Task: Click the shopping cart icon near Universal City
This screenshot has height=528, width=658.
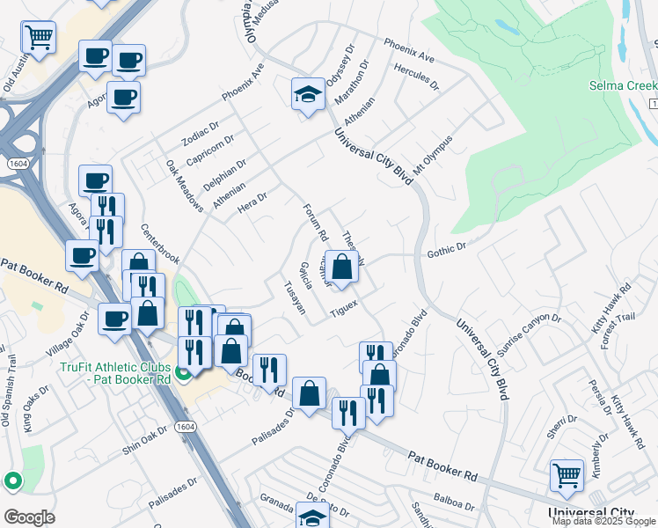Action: (567, 475)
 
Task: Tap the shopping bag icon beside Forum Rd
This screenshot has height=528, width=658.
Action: (342, 266)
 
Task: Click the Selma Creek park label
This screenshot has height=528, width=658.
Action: (623, 86)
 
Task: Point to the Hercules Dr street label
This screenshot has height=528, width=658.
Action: (417, 77)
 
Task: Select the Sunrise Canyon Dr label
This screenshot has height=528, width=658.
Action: (529, 330)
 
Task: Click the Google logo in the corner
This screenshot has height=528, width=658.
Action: (29, 517)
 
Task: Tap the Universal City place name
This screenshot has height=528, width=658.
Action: (590, 512)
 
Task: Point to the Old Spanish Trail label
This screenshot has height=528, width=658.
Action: (10, 401)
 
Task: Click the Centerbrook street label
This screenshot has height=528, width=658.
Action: (160, 244)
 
